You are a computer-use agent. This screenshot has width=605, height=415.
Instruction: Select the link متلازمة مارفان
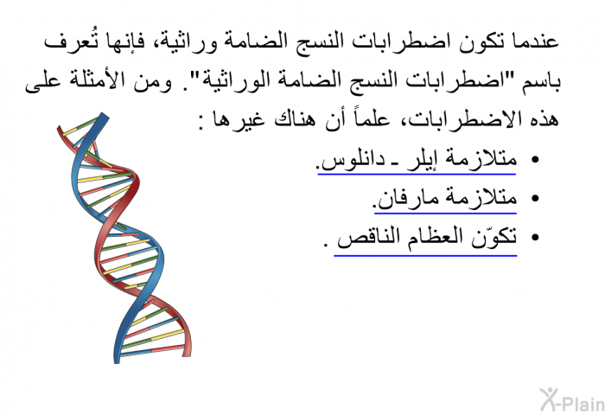tap(446, 199)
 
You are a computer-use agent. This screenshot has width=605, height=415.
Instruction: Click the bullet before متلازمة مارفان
tap(535, 199)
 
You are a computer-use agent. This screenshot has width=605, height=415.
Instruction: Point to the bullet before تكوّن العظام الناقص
tap(535, 238)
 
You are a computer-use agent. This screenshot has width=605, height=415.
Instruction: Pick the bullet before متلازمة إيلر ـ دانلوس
tap(535, 159)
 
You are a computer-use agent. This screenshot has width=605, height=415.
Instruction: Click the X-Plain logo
tap(572, 399)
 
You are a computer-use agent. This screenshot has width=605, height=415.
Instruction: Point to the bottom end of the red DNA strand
tap(187, 354)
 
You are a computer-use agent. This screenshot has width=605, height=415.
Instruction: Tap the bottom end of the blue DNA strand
tap(117, 361)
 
